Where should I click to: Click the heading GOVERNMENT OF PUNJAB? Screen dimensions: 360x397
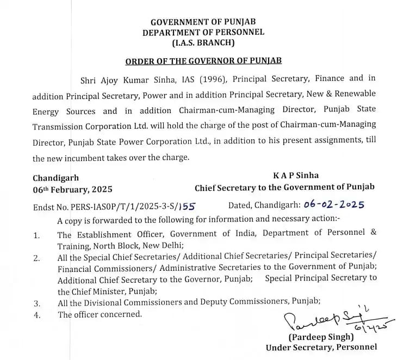pyautogui.click(x=203, y=22)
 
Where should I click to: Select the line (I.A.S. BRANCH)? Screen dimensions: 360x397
pyautogui.click(x=203, y=42)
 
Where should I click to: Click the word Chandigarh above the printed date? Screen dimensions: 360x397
pyautogui.click(x=55, y=178)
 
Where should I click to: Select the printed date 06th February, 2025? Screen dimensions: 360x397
pyautogui.click(x=72, y=189)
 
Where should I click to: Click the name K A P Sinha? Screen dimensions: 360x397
pyautogui.click(x=296, y=176)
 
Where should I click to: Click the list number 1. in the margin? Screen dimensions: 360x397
pyautogui.click(x=36, y=235)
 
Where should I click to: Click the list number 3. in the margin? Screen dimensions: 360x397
pyautogui.click(x=36, y=303)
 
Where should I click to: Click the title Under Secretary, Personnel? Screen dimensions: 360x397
pyautogui.click(x=321, y=348)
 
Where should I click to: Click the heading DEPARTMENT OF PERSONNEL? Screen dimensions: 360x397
pyautogui.click(x=203, y=32)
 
